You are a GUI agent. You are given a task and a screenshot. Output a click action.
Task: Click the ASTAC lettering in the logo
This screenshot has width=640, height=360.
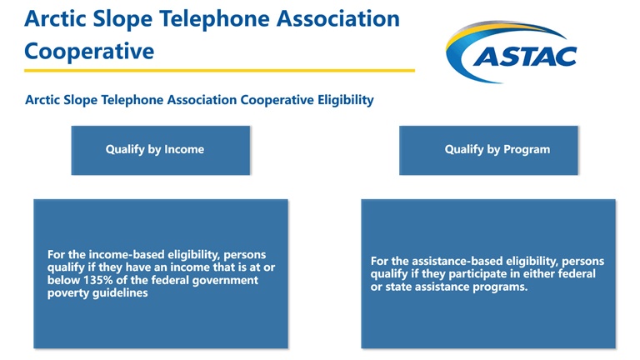[525, 57]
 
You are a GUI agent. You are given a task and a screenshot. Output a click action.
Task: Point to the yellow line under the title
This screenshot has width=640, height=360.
[220, 70]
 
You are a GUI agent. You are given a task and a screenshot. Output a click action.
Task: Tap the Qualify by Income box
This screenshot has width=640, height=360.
[160, 150]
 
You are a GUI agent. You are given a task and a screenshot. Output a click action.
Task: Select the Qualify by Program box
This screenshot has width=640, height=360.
[488, 150]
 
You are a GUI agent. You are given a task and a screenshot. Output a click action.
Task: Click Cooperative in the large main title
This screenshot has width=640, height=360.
[89, 52]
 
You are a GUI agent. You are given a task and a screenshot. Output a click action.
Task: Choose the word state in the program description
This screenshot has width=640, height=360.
[398, 287]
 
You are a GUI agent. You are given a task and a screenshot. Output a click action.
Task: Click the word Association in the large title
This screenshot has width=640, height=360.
[338, 19]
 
